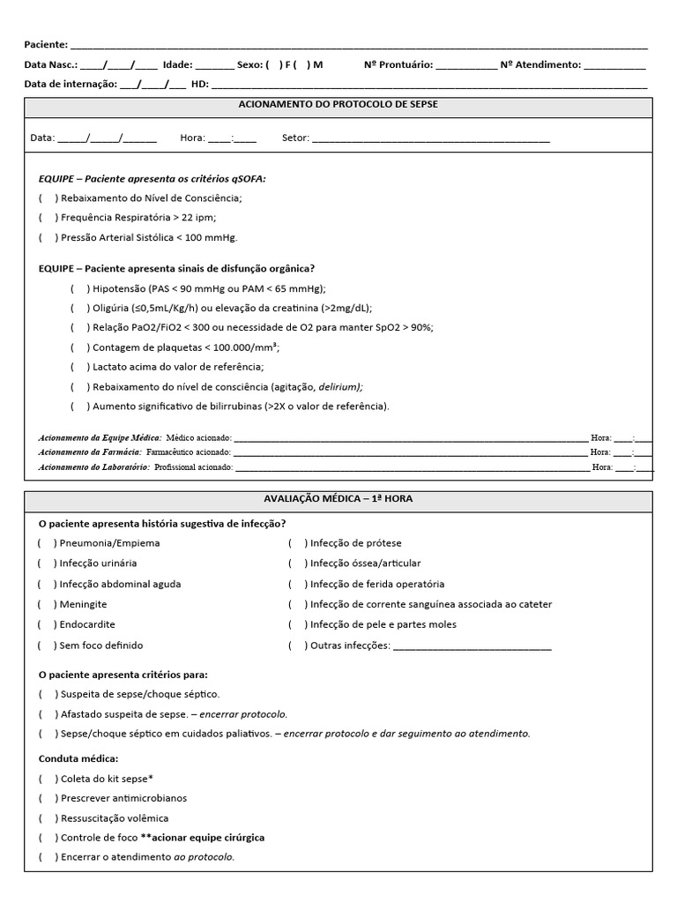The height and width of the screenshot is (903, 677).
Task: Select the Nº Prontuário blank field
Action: pyautogui.click(x=465, y=65)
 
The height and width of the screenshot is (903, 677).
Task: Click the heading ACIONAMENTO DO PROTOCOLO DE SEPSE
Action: pyautogui.click(x=338, y=104)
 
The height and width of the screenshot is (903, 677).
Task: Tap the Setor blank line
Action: pyautogui.click(x=431, y=138)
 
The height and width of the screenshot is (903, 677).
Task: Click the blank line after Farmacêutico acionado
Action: pyautogui.click(x=409, y=452)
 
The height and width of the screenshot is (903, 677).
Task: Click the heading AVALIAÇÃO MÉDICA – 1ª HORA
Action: pyautogui.click(x=338, y=499)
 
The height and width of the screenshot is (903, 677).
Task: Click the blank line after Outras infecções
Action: pyautogui.click(x=472, y=646)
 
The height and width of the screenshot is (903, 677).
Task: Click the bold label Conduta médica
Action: pyautogui.click(x=78, y=758)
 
